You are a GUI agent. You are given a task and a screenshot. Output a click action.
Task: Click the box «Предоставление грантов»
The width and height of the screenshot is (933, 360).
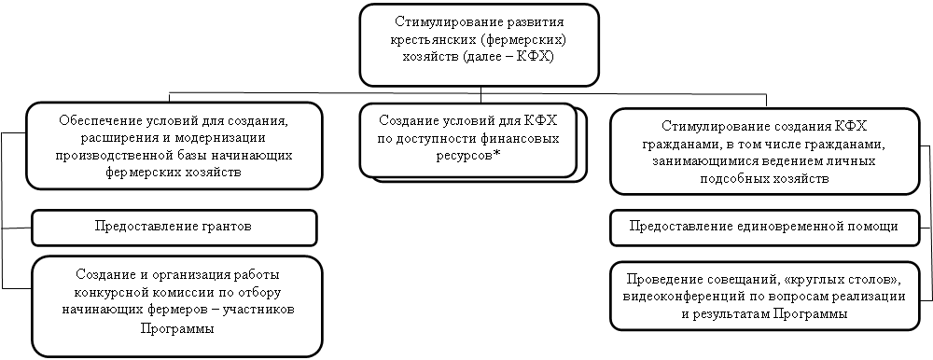pyautogui.click(x=174, y=228)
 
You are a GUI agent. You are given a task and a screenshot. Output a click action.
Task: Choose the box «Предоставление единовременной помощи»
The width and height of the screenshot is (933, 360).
pyautogui.click(x=765, y=228)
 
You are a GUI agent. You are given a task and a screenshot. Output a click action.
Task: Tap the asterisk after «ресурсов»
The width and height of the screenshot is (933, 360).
pyautogui.click(x=497, y=154)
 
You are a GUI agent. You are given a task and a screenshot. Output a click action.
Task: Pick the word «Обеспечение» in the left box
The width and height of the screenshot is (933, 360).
pyautogui.click(x=93, y=121)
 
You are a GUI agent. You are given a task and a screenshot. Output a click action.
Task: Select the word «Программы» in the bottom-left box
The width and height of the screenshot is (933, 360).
pyautogui.click(x=177, y=328)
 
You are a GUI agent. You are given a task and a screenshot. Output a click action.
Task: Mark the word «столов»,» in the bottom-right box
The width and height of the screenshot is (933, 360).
pyautogui.click(x=876, y=279)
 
